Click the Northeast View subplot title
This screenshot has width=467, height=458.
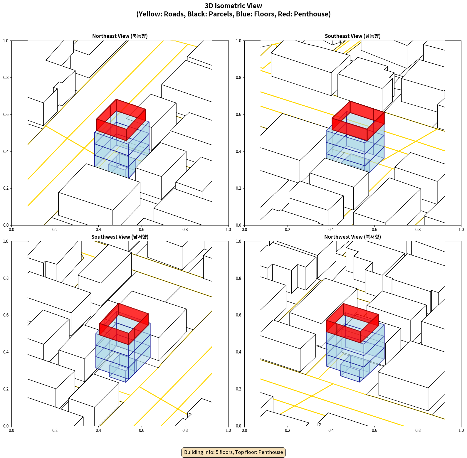120,36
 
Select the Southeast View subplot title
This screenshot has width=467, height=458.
352,36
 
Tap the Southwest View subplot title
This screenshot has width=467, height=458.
120,237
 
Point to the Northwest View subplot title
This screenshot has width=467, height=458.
352,237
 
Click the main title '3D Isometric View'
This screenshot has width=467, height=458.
233,6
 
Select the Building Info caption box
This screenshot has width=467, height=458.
233,452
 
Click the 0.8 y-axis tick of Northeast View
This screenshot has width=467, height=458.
6,78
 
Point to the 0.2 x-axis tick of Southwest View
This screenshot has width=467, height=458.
55,430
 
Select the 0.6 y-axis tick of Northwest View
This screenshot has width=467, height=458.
238,315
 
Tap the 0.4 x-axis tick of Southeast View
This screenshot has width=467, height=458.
331,230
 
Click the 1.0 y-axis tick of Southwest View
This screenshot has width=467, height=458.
6,241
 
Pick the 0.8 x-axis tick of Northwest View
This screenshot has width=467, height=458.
418,430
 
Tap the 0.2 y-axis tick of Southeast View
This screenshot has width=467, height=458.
238,188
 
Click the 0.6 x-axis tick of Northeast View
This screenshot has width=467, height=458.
142,230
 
